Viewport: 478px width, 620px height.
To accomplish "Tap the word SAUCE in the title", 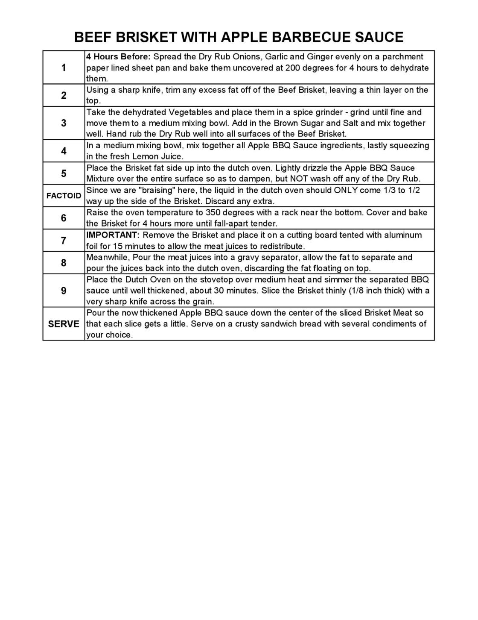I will pyautogui.click(x=379, y=37).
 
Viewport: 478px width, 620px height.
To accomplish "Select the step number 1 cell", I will pyautogui.click(x=64, y=68).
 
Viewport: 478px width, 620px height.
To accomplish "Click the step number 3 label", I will pyautogui.click(x=64, y=123).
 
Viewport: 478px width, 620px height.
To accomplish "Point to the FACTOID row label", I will pyautogui.click(x=64, y=196).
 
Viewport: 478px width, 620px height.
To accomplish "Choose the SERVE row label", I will pyautogui.click(x=64, y=324).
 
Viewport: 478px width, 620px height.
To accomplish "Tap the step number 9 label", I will pyautogui.click(x=64, y=291).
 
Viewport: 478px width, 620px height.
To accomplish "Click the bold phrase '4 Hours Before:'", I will pyautogui.click(x=118, y=57).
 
